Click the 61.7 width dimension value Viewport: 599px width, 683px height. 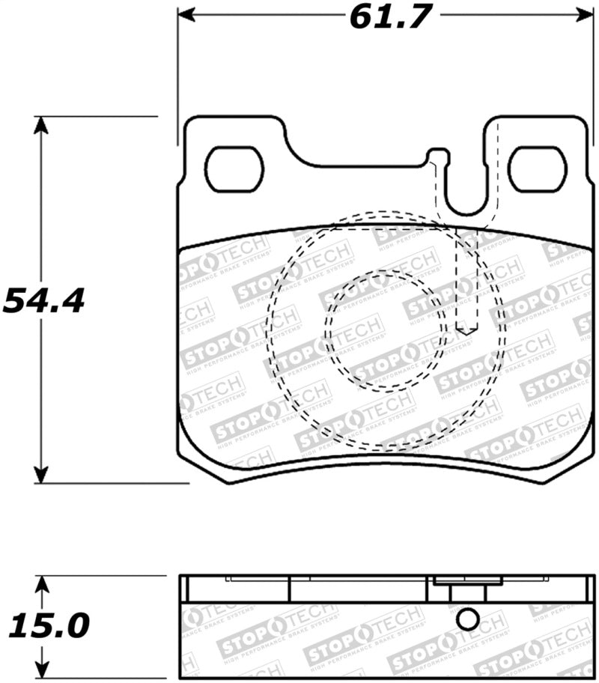pyautogui.click(x=391, y=16)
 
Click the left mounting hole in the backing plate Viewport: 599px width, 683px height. pyautogui.click(x=235, y=169)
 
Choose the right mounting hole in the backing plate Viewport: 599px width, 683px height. pyautogui.click(x=537, y=169)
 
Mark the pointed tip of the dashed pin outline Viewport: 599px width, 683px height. pyautogui.click(x=468, y=333)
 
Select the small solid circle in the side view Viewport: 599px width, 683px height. pyautogui.click(x=467, y=619)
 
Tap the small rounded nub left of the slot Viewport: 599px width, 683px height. pyautogui.click(x=438, y=156)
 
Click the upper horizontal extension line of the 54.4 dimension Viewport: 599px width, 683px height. pyautogui.click(x=97, y=116)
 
